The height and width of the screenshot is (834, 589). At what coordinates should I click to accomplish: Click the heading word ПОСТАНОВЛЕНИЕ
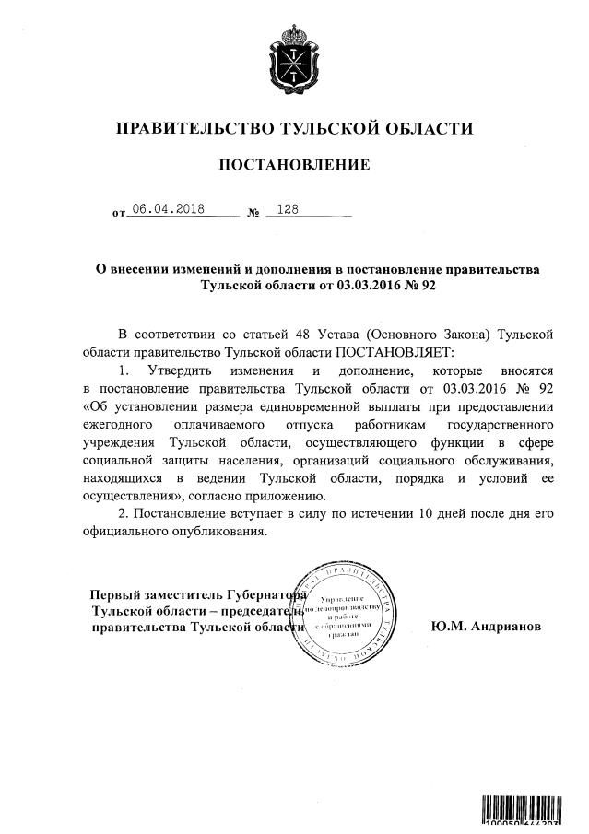click(x=294, y=165)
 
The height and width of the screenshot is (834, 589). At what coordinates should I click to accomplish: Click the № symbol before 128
click(x=253, y=214)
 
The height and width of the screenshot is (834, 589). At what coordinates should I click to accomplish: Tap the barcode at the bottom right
click(x=528, y=811)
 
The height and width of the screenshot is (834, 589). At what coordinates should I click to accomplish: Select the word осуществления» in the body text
click(x=129, y=499)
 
